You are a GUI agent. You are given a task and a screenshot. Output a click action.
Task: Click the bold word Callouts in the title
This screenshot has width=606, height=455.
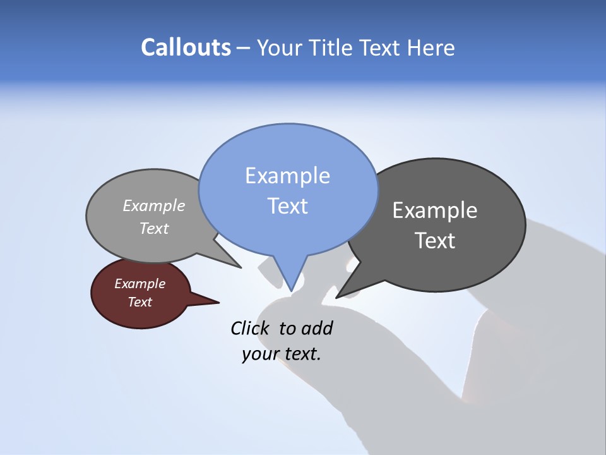point(186,47)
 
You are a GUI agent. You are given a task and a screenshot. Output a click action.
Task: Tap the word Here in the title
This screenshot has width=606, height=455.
point(430,48)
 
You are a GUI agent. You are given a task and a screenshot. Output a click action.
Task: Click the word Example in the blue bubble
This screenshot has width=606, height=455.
point(287,176)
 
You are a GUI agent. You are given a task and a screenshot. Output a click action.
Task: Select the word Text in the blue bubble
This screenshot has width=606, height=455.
point(287,206)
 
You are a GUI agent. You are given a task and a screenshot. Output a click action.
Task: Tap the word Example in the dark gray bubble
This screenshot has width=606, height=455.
point(434,210)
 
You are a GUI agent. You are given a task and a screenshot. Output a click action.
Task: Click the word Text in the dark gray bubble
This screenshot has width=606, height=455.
point(436,241)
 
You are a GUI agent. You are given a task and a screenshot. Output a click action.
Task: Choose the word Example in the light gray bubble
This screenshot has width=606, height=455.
point(153,206)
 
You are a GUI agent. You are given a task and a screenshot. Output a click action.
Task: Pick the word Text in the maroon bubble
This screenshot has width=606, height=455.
point(140,302)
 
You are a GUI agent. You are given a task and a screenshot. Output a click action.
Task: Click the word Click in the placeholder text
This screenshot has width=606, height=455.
point(250,328)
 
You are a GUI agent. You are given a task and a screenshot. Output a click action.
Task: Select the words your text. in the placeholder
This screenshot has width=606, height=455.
point(282,354)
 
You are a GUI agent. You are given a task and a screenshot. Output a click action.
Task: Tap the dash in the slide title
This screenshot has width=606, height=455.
point(244,48)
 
